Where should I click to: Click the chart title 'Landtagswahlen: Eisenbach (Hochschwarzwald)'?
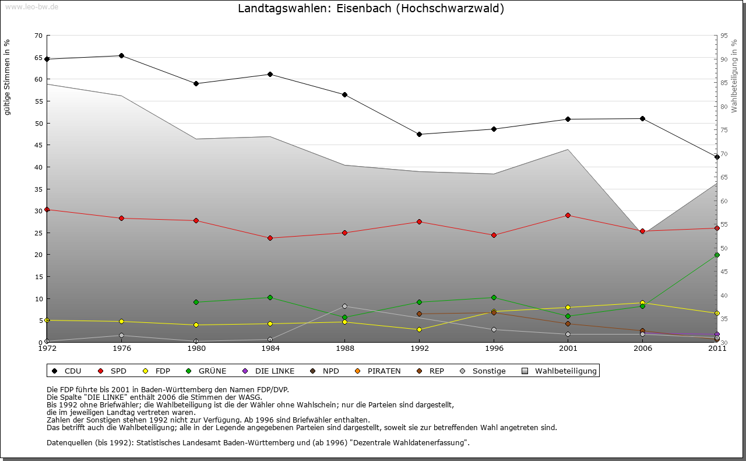coord(371,9)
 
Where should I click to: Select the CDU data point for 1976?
coord(121,56)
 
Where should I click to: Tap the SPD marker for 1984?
coord(270,238)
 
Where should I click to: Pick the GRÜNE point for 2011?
coord(717,255)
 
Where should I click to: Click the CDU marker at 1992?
coord(420,135)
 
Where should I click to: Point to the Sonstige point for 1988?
coord(345,306)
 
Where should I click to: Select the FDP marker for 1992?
coord(420,330)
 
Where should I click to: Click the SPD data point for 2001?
coord(568,216)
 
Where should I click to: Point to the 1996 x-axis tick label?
coord(494,349)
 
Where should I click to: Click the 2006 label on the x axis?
coord(643,349)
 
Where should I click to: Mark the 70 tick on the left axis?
coord(38,36)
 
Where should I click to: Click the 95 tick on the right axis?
coord(724,36)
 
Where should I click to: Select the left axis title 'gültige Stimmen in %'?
coord(8,77)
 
